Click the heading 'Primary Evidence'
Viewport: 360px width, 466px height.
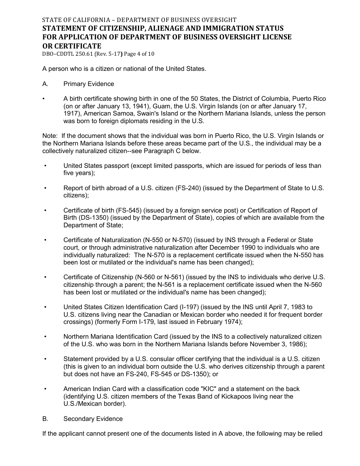89,84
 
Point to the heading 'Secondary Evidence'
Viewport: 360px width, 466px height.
93,419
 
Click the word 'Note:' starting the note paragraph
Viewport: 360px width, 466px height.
50,136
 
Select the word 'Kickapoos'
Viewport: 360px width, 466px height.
236,396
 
